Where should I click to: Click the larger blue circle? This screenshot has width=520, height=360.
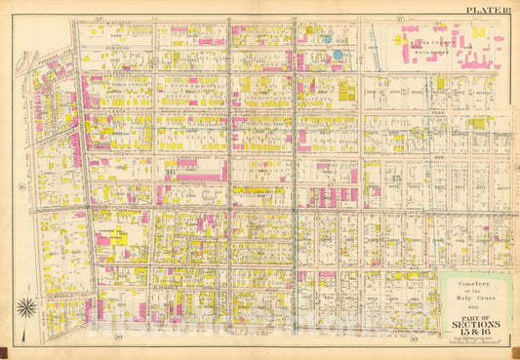[x=338, y=55]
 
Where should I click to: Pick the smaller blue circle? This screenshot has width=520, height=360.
[x=328, y=40]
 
